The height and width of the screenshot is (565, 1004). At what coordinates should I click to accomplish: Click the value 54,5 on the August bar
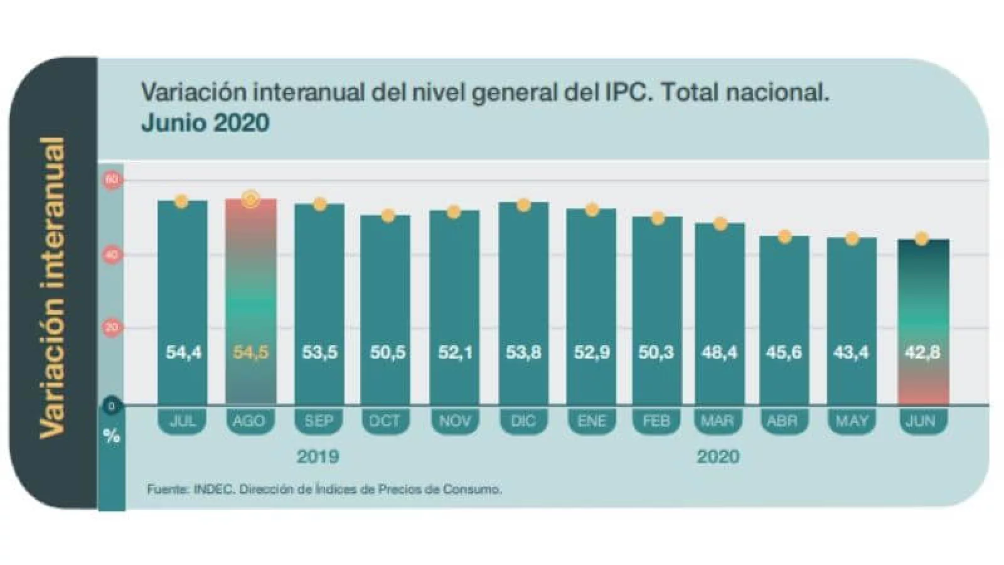click(x=250, y=352)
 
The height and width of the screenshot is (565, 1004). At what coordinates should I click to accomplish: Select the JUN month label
click(x=921, y=421)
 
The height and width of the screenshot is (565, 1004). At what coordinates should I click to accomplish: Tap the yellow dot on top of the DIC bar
click(x=523, y=205)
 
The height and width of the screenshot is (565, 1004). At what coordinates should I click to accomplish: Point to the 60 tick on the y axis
click(x=112, y=180)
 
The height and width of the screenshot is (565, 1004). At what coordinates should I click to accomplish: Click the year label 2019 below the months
click(x=318, y=456)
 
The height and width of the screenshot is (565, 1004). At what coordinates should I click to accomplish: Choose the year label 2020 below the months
click(x=718, y=456)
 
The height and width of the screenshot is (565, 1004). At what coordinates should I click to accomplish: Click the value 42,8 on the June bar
click(x=922, y=352)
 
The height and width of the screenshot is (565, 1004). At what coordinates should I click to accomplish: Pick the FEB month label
click(x=656, y=421)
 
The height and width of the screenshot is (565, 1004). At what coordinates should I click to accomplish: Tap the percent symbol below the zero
click(x=112, y=436)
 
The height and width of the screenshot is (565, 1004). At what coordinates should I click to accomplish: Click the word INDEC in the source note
click(x=214, y=489)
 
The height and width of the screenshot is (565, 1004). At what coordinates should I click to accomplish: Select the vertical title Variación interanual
click(x=53, y=286)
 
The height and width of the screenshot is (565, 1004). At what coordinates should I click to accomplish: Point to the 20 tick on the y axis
click(x=112, y=327)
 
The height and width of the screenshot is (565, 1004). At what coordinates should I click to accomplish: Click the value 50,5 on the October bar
click(x=387, y=352)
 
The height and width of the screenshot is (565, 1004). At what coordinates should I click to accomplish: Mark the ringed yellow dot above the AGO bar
click(x=251, y=200)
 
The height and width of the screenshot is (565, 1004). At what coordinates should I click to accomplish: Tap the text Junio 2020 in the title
click(x=205, y=122)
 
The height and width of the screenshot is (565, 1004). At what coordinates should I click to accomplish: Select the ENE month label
click(x=591, y=421)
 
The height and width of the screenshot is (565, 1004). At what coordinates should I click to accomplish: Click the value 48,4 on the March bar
click(x=719, y=352)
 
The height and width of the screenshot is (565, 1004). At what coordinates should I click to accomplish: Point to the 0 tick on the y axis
click(x=112, y=406)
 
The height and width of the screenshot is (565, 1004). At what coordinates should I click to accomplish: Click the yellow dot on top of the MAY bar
click(x=852, y=239)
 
